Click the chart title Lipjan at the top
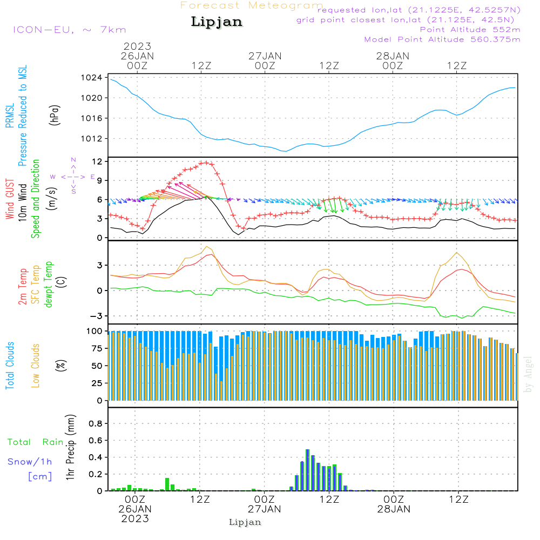[x=217, y=22]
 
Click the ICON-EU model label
[x=69, y=30]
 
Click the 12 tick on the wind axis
[x=97, y=161]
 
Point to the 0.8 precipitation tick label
[x=95, y=424]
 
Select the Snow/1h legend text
[x=30, y=462]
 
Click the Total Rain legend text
[x=36, y=442]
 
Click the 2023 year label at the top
[x=137, y=46]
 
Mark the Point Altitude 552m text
[x=470, y=30]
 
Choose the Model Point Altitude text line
[x=442, y=39]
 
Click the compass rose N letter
[x=73, y=160]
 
